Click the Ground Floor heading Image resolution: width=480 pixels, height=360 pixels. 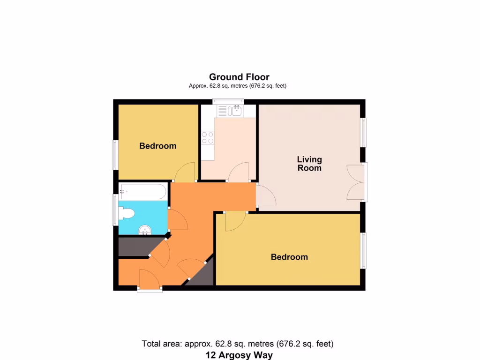coord(239,77)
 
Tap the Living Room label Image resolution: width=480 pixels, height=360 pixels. coord(309,164)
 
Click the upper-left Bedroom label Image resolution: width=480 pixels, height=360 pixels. coord(157,146)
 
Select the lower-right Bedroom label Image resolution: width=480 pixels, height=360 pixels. coord(289,257)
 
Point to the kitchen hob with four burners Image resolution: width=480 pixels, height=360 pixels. coord(208,137)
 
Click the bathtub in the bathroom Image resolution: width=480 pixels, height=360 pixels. coord(143,191)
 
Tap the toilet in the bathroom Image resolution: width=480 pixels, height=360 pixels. coord(126,214)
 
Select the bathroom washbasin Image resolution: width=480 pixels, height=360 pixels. coord(146,230)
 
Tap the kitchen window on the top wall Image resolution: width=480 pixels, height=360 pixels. coord(228,100)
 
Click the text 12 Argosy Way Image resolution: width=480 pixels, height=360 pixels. coord(239,355)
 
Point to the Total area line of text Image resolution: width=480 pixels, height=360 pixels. coord(238,344)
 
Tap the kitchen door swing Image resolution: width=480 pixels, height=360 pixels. coord(239,172)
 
